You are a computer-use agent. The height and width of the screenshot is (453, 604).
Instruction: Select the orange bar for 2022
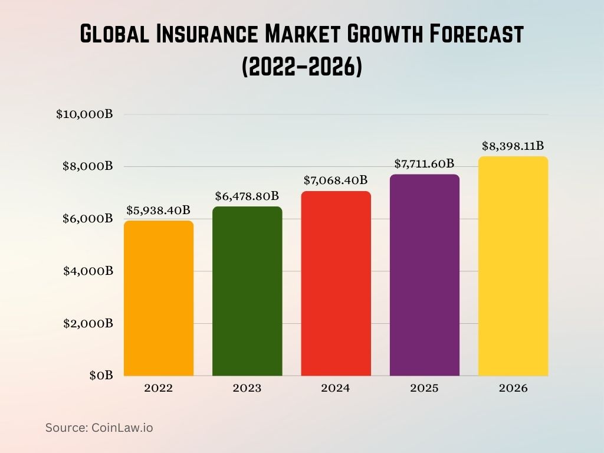pyautogui.click(x=159, y=298)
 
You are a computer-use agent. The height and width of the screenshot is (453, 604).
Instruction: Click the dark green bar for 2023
pyautogui.click(x=247, y=291)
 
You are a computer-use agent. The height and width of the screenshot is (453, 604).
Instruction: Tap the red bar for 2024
pyautogui.click(x=336, y=284)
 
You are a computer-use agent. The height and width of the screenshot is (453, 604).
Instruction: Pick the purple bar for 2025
pyautogui.click(x=424, y=275)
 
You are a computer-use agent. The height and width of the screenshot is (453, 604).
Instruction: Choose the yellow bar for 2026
pyautogui.click(x=513, y=266)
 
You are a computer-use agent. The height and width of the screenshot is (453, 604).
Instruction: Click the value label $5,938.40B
pyautogui.click(x=159, y=210)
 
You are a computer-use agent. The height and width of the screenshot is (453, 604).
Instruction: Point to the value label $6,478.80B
pyautogui.click(x=247, y=195)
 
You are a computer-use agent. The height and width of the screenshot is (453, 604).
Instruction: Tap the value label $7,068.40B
pyautogui.click(x=336, y=180)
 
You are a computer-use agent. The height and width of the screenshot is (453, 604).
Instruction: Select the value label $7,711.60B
pyautogui.click(x=424, y=163)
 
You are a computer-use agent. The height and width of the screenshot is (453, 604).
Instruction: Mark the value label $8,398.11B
pyautogui.click(x=513, y=146)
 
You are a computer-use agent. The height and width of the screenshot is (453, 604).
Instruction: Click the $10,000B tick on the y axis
pyautogui.click(x=84, y=114)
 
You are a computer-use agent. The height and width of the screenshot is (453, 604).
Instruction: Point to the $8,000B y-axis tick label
pyautogui.click(x=88, y=166)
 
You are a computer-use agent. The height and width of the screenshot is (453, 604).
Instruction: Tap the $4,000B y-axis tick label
pyautogui.click(x=88, y=271)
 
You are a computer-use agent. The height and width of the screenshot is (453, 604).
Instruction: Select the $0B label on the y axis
pyautogui.click(x=101, y=376)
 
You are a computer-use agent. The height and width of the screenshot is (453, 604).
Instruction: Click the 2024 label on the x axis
pyautogui.click(x=336, y=389)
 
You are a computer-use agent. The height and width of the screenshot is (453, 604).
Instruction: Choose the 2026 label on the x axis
pyautogui.click(x=513, y=389)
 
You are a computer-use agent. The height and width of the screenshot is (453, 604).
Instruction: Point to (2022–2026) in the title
pyautogui.click(x=301, y=67)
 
